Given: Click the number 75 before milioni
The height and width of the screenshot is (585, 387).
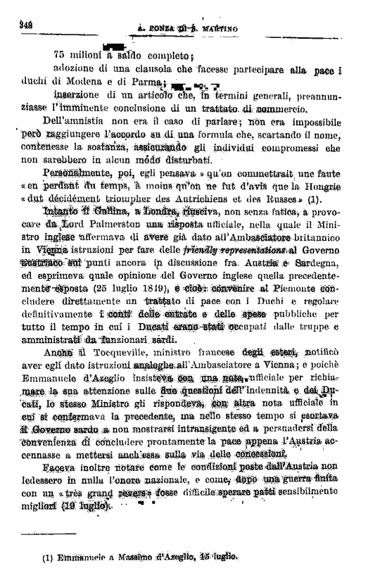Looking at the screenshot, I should coord(59,54).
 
